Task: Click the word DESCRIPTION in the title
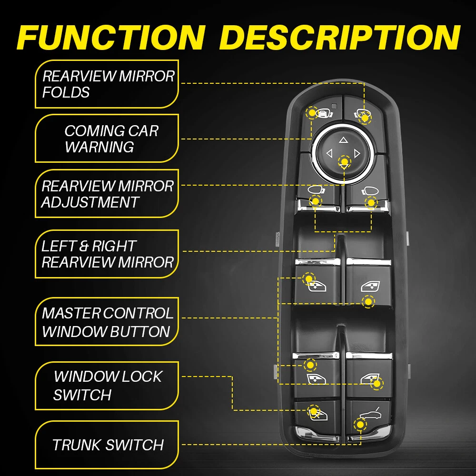point(341,37)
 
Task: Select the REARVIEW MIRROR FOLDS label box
point(107,84)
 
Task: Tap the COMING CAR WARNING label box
point(107,139)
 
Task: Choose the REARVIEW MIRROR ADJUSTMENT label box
point(107,193)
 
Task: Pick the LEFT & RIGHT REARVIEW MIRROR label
point(107,254)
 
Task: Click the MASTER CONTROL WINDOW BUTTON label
point(107,322)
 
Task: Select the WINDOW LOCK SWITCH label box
point(107,385)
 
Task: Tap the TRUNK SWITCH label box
point(107,445)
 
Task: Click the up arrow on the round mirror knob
point(343,140)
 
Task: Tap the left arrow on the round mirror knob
point(328,153)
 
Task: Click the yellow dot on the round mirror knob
point(344,162)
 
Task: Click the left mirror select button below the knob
point(317,195)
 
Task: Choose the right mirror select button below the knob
point(367,195)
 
